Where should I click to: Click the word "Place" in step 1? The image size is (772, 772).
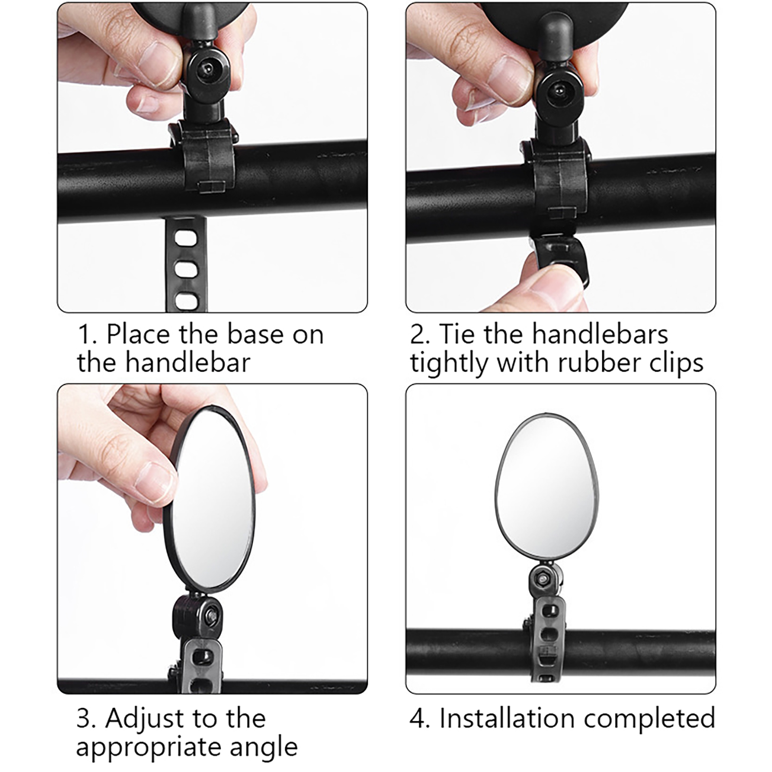coord(138,334)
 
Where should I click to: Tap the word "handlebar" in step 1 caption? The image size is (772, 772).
coord(188,362)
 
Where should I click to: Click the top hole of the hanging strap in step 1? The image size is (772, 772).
coord(186,238)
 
